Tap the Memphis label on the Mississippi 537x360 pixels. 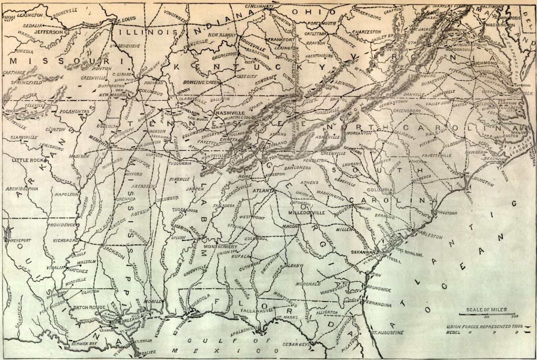(98, 142)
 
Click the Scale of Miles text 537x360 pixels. (486, 310)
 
